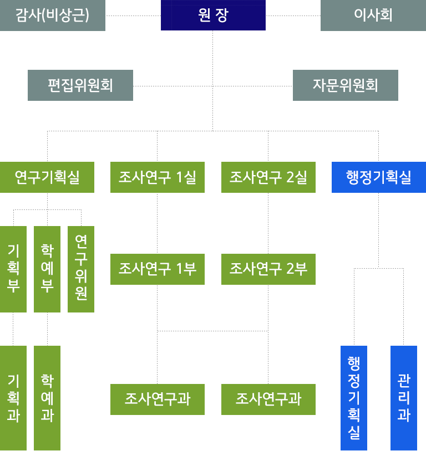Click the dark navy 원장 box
[x=213, y=15]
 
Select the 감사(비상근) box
[x=53, y=16]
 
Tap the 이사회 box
[x=373, y=16]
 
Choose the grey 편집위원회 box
[x=80, y=85]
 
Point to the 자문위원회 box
[x=346, y=85]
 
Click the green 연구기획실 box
[x=47, y=177]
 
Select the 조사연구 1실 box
[x=158, y=177]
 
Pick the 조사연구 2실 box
[x=268, y=177]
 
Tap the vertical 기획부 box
[x=13, y=269]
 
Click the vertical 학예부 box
[x=47, y=269]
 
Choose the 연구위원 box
[x=81, y=269]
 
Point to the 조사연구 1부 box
[x=158, y=269]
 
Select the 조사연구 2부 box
[x=268, y=269]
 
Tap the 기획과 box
[x=13, y=398]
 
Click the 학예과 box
[x=47, y=398]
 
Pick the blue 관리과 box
[x=404, y=398]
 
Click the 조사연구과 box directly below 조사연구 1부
[x=158, y=399]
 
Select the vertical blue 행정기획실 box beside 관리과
[x=354, y=398]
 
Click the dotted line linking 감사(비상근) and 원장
[x=133, y=16]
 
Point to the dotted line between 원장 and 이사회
[x=293, y=16]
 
